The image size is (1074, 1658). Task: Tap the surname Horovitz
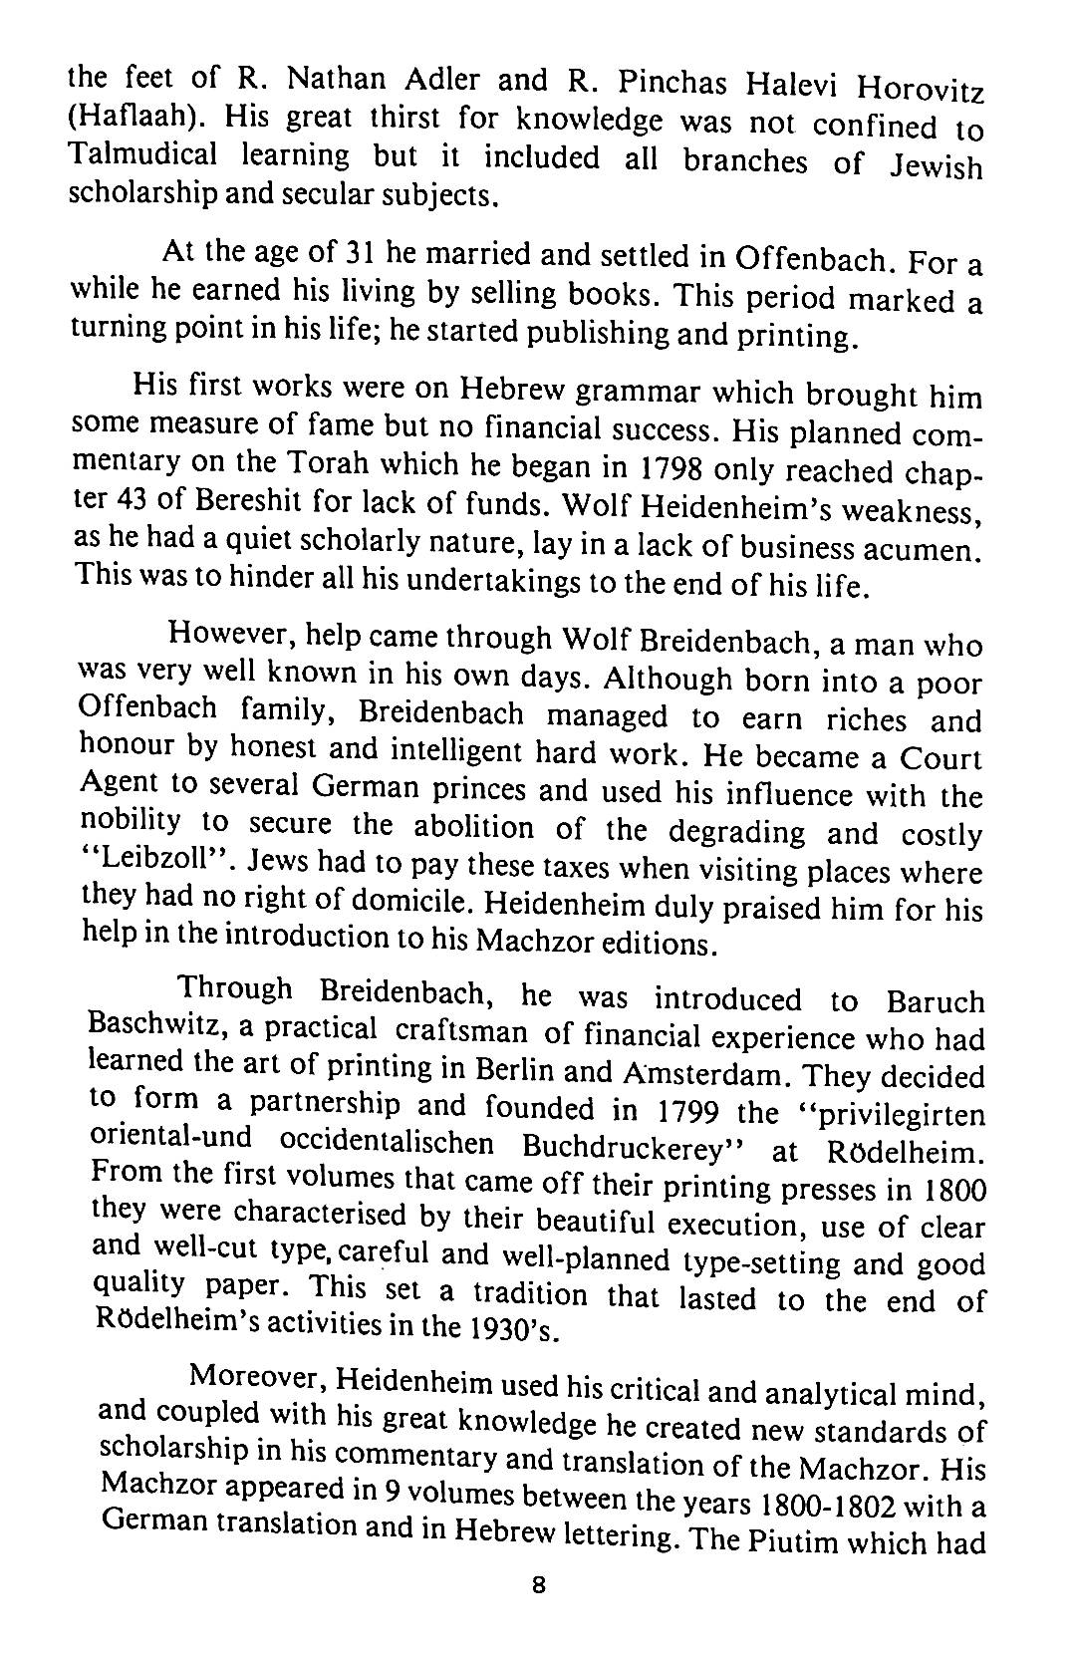click(922, 90)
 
